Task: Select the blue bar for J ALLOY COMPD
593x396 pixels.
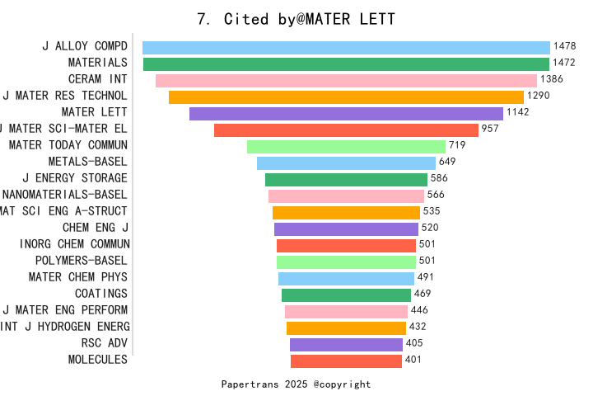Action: [346, 48]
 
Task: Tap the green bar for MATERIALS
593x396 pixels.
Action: [346, 64]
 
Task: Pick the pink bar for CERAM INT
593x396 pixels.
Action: [346, 81]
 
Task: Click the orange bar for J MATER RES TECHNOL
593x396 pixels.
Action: [346, 97]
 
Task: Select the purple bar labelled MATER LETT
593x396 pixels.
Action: [346, 114]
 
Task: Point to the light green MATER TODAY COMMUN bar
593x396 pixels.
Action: [346, 147]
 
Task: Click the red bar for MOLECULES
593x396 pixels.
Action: [346, 361]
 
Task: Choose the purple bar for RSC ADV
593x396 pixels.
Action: [346, 344]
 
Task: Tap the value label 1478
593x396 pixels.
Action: [565, 47]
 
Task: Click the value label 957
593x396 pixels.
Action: [491, 130]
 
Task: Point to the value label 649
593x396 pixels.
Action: [447, 162]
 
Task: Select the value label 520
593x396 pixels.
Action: [430, 228]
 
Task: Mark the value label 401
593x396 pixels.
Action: [413, 360]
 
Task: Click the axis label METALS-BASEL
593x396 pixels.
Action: [87, 162]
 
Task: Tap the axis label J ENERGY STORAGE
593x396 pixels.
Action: [75, 178]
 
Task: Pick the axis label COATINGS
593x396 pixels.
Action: [101, 294]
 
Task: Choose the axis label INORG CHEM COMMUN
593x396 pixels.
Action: [73, 244]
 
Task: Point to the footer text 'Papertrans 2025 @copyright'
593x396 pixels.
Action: [296, 384]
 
